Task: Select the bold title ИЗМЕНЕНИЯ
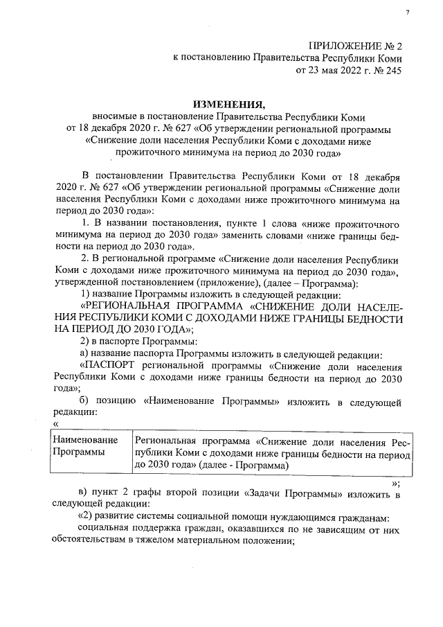point(226,104)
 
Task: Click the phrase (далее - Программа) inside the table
point(242,466)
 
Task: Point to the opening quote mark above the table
point(55,425)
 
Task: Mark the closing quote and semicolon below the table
point(396,484)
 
